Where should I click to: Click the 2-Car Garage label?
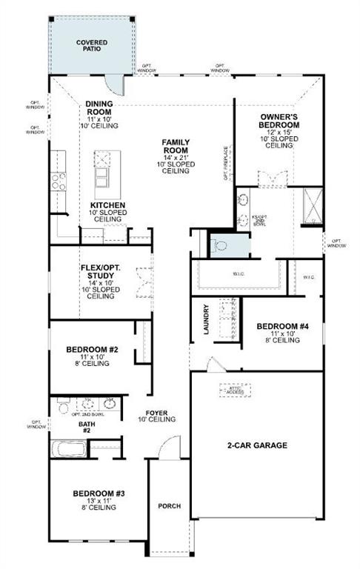(x=257, y=445)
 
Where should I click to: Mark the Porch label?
(x=170, y=506)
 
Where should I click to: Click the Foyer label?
(x=161, y=415)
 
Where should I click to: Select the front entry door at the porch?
(x=170, y=448)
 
